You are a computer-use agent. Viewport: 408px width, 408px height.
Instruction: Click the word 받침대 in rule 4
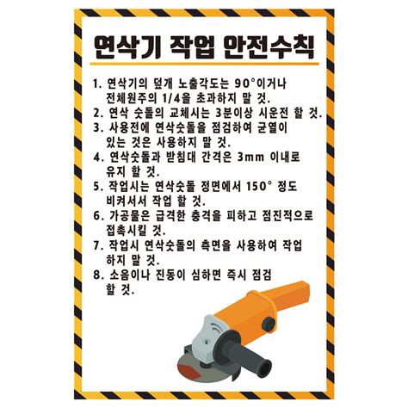tap(180, 158)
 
